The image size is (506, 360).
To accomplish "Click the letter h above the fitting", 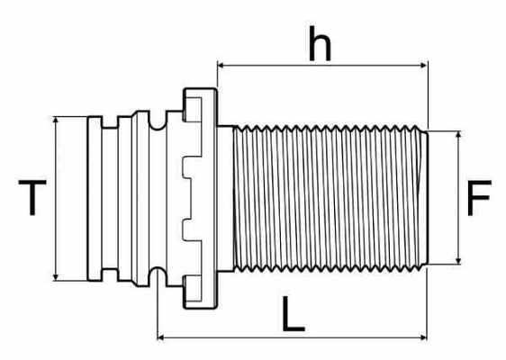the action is [x=320, y=43].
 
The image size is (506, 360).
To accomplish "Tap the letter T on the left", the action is [x=32, y=197].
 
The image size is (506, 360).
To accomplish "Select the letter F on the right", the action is [x=479, y=198].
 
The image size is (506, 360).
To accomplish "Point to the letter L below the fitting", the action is [x=293, y=313].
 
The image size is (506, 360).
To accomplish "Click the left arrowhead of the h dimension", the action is [x=221, y=66].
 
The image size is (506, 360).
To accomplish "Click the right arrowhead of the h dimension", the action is [x=424, y=66].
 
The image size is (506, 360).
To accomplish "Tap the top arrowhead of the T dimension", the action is [x=56, y=120].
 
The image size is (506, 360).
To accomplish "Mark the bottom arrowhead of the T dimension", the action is [x=56, y=277].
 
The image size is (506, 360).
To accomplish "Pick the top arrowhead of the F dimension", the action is [x=458, y=135].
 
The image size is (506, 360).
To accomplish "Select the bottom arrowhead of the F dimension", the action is [x=458, y=261].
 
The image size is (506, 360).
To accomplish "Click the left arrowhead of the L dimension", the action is [x=160, y=337].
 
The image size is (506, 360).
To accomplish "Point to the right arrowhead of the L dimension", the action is [x=424, y=337].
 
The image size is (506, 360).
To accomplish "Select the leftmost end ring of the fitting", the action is [x=95, y=198].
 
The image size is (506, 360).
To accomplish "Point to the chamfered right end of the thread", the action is [x=425, y=198].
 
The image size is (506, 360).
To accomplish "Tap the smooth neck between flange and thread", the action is [x=225, y=198].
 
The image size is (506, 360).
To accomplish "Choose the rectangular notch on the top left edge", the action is [x=110, y=122].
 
